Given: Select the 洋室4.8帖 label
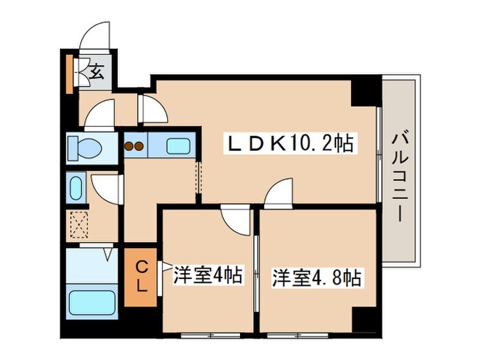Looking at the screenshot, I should click(317, 278).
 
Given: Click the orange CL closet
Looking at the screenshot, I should click(140, 276).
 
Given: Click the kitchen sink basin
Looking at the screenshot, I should click(180, 145).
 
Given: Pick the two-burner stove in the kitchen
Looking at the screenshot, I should click(134, 145).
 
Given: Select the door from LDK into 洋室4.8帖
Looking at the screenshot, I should click(278, 193).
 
